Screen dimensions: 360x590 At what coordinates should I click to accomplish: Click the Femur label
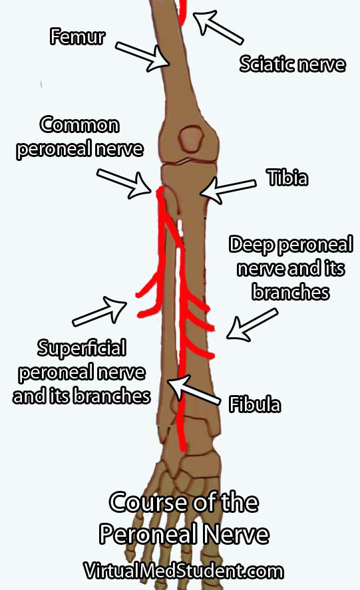click(x=78, y=37)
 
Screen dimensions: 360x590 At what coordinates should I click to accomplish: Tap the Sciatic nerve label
click(x=292, y=64)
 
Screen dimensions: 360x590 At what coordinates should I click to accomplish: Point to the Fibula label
click(x=255, y=404)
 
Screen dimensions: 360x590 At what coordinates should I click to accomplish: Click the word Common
click(x=80, y=125)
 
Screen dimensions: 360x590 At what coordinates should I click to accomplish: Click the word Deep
click(x=252, y=245)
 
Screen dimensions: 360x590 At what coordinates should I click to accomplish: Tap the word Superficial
click(x=81, y=348)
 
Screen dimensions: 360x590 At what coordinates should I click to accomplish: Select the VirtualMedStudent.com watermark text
click(x=184, y=571)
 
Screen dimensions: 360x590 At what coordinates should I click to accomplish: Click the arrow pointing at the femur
click(x=142, y=57)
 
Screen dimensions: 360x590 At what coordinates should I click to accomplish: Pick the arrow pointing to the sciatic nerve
click(x=218, y=27)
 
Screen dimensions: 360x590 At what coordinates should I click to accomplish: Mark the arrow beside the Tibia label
click(x=228, y=189)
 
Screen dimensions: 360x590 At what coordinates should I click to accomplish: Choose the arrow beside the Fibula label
click(x=194, y=390)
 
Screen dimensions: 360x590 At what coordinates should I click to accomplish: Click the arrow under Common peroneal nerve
click(x=124, y=183)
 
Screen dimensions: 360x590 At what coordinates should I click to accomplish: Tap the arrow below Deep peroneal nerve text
click(x=252, y=324)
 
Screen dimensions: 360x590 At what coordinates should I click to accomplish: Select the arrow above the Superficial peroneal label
click(x=99, y=311)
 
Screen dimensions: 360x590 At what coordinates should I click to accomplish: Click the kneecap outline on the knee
click(x=191, y=139)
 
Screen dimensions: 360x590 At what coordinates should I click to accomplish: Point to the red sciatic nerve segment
click(x=182, y=12)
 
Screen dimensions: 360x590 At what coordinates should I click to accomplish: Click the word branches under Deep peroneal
click(x=291, y=292)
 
